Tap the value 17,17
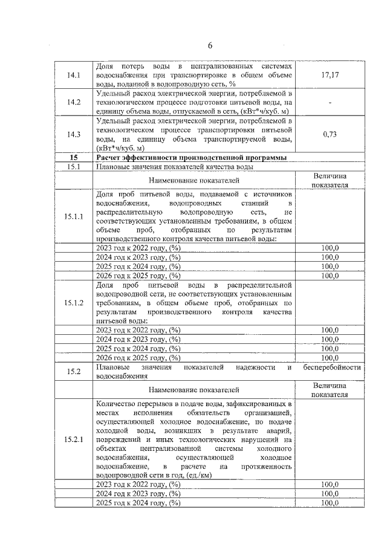point(330,76)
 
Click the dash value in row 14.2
point(330,103)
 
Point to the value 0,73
point(330,134)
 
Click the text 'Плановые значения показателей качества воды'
point(175,166)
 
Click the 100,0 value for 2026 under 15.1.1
point(330,276)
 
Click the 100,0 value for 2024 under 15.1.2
point(330,339)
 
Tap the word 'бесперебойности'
point(332,367)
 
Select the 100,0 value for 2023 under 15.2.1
point(330,484)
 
